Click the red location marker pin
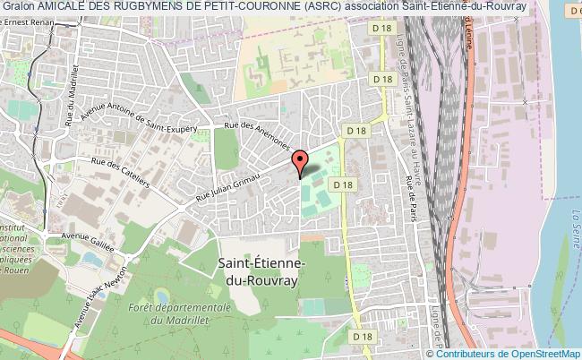(300, 162)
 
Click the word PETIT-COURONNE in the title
(252, 6)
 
